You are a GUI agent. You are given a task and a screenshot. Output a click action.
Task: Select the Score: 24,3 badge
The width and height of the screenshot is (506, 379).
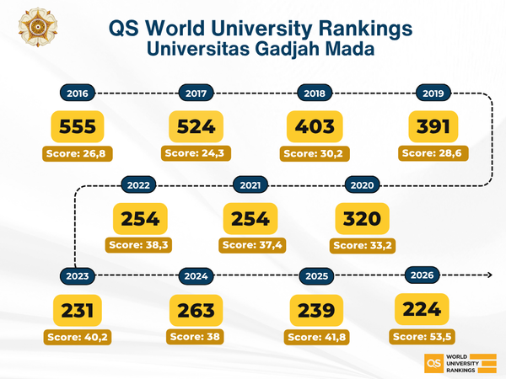pos(197,153)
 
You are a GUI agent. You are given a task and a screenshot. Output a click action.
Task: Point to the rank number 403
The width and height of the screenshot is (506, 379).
pos(316,127)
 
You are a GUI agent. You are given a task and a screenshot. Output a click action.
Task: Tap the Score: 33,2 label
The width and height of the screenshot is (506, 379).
pos(363,245)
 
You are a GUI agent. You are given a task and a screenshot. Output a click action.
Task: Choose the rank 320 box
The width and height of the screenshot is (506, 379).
pos(363,219)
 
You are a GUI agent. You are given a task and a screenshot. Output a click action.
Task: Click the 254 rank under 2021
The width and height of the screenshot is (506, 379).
pos(250,219)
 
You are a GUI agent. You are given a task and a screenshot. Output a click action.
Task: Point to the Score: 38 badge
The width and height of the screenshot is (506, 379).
pos(197,336)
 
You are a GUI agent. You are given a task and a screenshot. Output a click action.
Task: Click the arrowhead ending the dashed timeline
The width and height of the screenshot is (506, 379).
pos(489,275)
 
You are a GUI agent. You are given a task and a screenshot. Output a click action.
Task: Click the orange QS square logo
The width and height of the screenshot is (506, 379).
pos(433,363)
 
